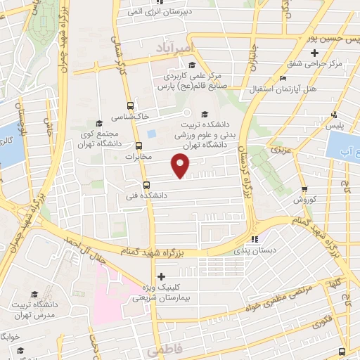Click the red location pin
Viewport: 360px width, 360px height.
[x=181, y=166]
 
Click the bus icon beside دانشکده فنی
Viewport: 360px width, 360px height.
[x=146, y=186]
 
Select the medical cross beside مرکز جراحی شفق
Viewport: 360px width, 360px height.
[x=315, y=52]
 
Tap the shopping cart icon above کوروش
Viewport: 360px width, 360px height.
[x=304, y=188]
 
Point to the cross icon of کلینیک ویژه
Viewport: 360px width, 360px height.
[x=162, y=276]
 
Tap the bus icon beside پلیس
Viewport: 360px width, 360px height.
[x=336, y=115]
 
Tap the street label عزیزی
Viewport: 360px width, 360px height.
[x=281, y=149]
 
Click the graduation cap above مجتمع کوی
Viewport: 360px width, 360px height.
[x=99, y=124]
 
